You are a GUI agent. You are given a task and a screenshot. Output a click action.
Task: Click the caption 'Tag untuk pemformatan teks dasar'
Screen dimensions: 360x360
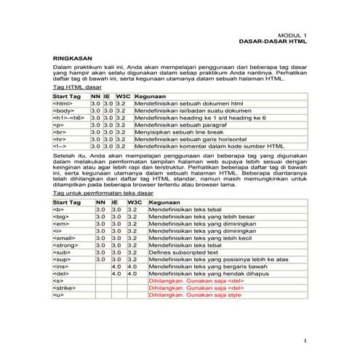99,195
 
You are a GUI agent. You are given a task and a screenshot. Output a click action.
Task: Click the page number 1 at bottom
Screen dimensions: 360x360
305,340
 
